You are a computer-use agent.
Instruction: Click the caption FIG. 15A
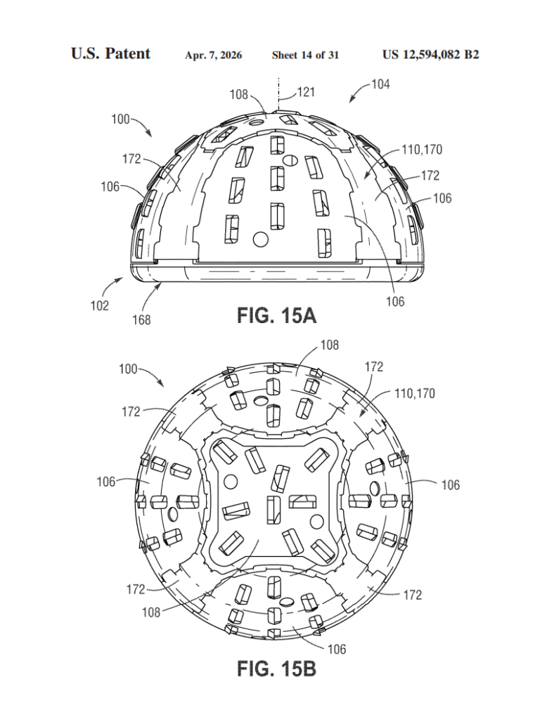click(276, 315)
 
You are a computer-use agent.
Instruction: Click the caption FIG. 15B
click(276, 668)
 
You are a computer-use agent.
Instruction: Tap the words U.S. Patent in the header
click(110, 53)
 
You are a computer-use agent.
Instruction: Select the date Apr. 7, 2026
click(214, 55)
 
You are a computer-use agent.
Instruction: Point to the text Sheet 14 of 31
click(305, 55)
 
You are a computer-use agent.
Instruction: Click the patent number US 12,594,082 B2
click(430, 55)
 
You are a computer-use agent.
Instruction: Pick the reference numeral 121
click(306, 92)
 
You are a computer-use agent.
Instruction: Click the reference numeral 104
click(380, 84)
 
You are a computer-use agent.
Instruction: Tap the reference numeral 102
click(100, 305)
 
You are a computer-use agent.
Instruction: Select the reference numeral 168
click(141, 319)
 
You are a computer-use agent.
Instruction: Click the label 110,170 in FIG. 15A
click(422, 150)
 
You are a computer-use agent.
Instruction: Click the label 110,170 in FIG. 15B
click(415, 393)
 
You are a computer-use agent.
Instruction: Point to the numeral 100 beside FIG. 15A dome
click(121, 119)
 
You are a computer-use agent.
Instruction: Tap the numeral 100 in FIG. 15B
click(128, 369)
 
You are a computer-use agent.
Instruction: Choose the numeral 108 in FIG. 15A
click(238, 95)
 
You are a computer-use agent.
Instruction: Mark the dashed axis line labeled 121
click(278, 94)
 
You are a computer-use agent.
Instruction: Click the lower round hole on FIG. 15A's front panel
click(261, 239)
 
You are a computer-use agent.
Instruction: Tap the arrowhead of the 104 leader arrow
click(351, 100)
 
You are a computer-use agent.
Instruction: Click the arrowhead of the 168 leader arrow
click(160, 285)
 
